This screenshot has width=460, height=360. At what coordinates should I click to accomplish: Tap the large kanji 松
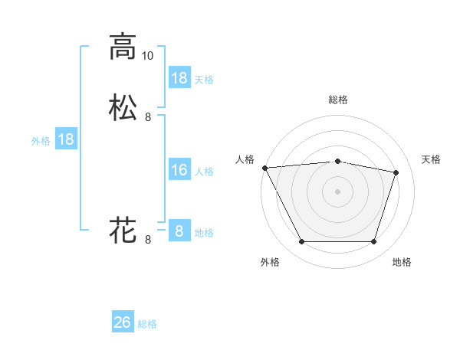(123, 107)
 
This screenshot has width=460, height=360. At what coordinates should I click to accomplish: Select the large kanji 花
(123, 229)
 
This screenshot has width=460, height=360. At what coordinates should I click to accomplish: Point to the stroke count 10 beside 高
(147, 55)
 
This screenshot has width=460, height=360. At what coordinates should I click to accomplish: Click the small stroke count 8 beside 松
(148, 117)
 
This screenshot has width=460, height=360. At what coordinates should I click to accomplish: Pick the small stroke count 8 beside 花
(148, 240)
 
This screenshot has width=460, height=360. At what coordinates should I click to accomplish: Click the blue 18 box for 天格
(179, 78)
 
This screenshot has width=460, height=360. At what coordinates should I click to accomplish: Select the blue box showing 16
(179, 170)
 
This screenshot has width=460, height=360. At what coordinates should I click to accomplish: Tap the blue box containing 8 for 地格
(179, 231)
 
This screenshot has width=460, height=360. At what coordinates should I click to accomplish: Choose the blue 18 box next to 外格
(66, 139)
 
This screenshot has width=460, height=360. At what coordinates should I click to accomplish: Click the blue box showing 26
(123, 322)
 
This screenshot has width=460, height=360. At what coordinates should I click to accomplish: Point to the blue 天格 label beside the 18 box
(204, 79)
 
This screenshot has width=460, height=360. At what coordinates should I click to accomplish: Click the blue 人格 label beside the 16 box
(204, 171)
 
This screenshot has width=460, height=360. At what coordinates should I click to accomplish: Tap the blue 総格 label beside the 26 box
(147, 324)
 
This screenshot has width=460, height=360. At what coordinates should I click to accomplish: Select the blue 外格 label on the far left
(40, 140)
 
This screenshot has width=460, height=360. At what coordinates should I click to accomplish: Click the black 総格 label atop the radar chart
(337, 100)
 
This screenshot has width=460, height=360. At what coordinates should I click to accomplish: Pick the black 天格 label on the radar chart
(432, 159)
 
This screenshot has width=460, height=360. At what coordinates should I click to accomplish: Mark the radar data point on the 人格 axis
(264, 167)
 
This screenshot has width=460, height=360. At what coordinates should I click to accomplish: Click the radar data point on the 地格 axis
(373, 242)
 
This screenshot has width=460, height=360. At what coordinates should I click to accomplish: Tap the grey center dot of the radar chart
(337, 191)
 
